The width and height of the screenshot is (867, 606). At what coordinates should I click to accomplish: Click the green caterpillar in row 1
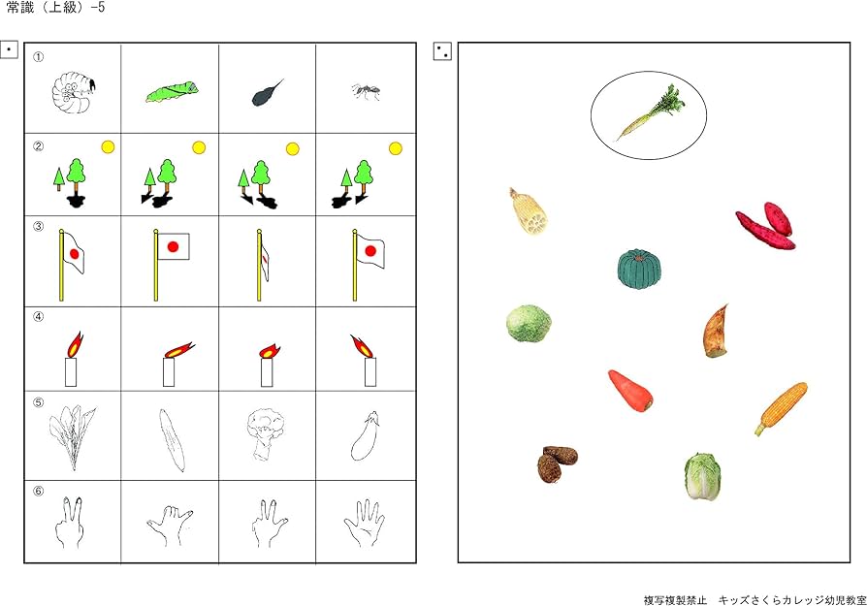coord(173,92)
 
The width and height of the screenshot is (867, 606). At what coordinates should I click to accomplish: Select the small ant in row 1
coord(366,91)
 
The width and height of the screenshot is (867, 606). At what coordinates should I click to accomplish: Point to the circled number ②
coord(38,146)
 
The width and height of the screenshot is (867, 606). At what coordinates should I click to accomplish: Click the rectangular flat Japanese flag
coord(172,246)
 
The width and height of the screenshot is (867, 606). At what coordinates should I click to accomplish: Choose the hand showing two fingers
coord(70,523)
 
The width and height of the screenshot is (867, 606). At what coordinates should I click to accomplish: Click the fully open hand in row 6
coord(364,523)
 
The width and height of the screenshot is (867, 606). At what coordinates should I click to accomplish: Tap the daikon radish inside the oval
coord(651,112)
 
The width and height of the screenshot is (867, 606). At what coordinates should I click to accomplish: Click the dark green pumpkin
coord(639,270)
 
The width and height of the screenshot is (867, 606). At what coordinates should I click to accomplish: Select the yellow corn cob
coord(782,408)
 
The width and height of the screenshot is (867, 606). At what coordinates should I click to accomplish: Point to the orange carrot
coord(630,391)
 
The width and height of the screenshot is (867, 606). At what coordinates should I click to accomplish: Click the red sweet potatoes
coord(766,226)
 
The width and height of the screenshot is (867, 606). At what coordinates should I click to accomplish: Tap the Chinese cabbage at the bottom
coord(702,476)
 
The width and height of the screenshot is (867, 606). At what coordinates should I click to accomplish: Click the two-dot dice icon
coord(442,51)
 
